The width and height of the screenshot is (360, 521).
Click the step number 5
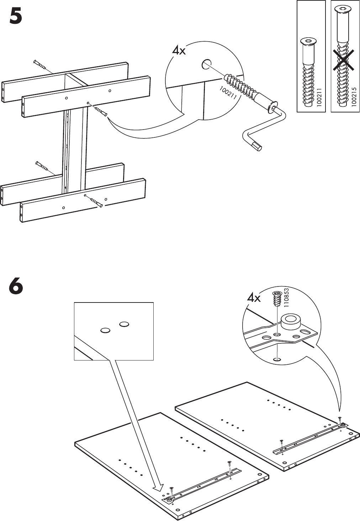coord(16,16)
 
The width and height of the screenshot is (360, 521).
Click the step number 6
coord(16,287)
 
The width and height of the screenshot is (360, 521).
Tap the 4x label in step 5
coord(179,51)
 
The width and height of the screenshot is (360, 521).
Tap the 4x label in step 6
coord(254,298)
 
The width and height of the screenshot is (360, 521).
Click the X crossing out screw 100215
coord(344,60)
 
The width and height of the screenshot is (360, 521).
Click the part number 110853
coord(286,298)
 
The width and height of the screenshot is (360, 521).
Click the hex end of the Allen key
coord(257,146)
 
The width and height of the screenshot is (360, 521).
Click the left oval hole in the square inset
coord(105,331)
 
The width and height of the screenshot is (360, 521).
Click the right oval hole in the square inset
coord(124,324)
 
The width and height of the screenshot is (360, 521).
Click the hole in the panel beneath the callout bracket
coord(276,359)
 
